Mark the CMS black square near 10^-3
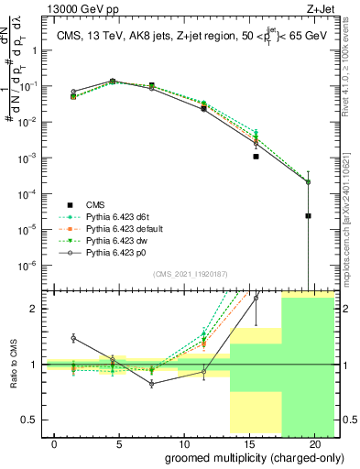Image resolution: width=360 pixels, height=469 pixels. coord(256,157)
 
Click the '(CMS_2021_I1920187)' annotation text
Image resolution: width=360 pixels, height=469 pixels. coord(190,274)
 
